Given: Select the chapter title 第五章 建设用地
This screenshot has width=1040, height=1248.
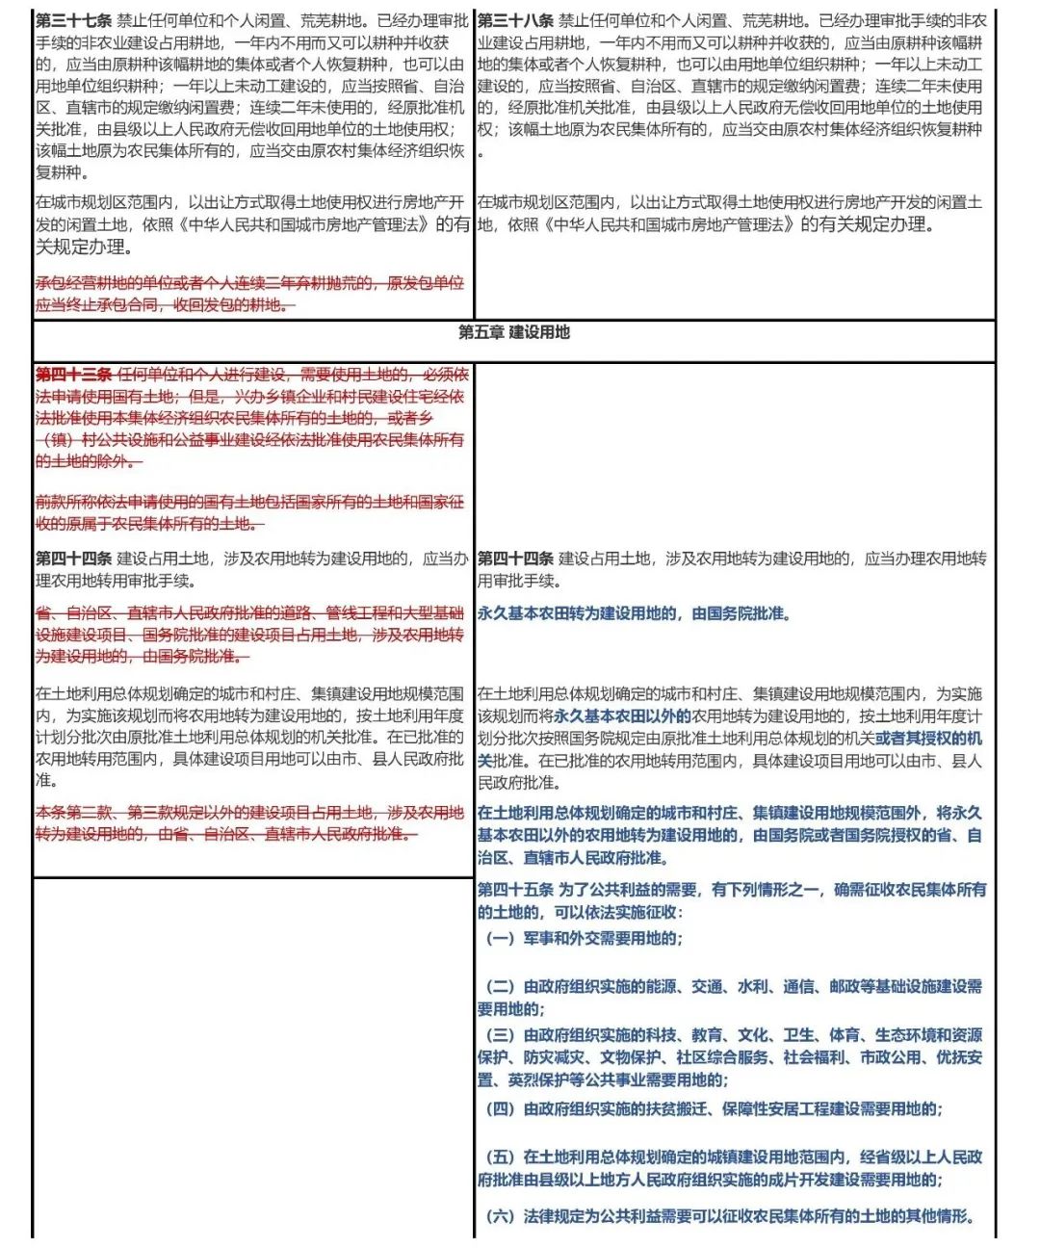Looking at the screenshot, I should pyautogui.click(x=514, y=332).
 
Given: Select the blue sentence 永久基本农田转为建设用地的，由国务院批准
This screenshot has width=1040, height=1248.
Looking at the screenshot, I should pyautogui.click(x=634, y=613).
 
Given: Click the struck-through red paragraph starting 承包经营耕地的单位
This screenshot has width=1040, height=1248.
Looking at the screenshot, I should pyautogui.click(x=249, y=294).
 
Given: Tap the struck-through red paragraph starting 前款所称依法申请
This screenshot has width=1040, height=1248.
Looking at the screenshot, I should pyautogui.click(x=249, y=512).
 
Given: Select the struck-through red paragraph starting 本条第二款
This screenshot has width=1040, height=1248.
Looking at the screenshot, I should pyautogui.click(x=249, y=823).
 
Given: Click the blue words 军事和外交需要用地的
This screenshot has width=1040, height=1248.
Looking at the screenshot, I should pyautogui.click(x=603, y=938).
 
